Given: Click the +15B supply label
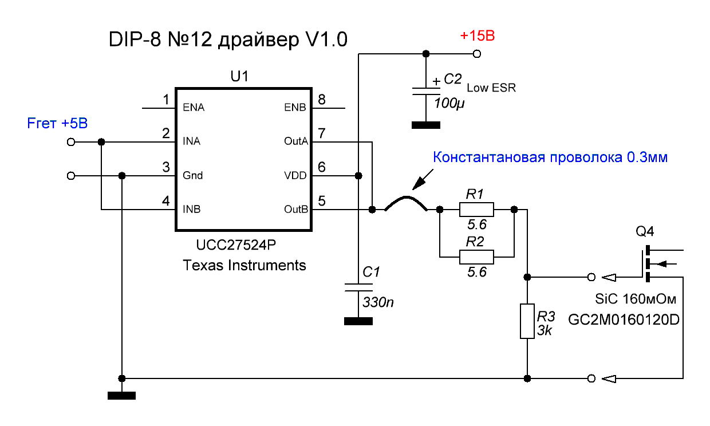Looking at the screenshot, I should click(x=477, y=37).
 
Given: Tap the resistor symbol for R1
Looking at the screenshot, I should click(x=476, y=210).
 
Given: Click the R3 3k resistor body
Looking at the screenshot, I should click(x=527, y=321).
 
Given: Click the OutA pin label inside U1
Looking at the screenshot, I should click(x=295, y=141).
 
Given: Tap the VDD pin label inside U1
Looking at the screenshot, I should click(x=295, y=175).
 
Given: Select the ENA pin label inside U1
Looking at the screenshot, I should click(x=193, y=107).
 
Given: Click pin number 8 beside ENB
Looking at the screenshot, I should click(x=322, y=100).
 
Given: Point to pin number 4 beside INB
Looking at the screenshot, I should click(x=166, y=201).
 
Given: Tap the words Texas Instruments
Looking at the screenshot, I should click(x=244, y=266).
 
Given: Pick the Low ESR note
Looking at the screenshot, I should click(x=491, y=88).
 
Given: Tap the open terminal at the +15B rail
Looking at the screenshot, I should click(x=477, y=54).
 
